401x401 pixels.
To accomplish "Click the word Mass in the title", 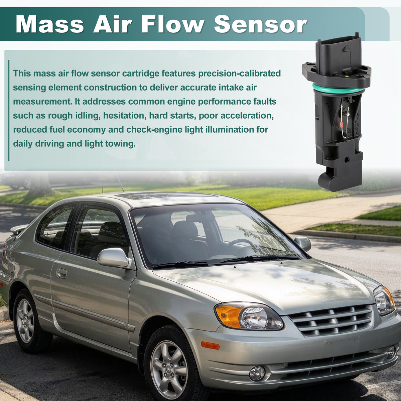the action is click(x=49, y=24).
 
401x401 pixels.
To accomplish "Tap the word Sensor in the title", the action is click(x=260, y=24).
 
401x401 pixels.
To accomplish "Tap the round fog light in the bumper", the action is click(x=257, y=373).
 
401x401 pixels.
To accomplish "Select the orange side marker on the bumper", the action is click(x=210, y=346).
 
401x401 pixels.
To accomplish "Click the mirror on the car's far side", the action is click(x=303, y=244).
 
